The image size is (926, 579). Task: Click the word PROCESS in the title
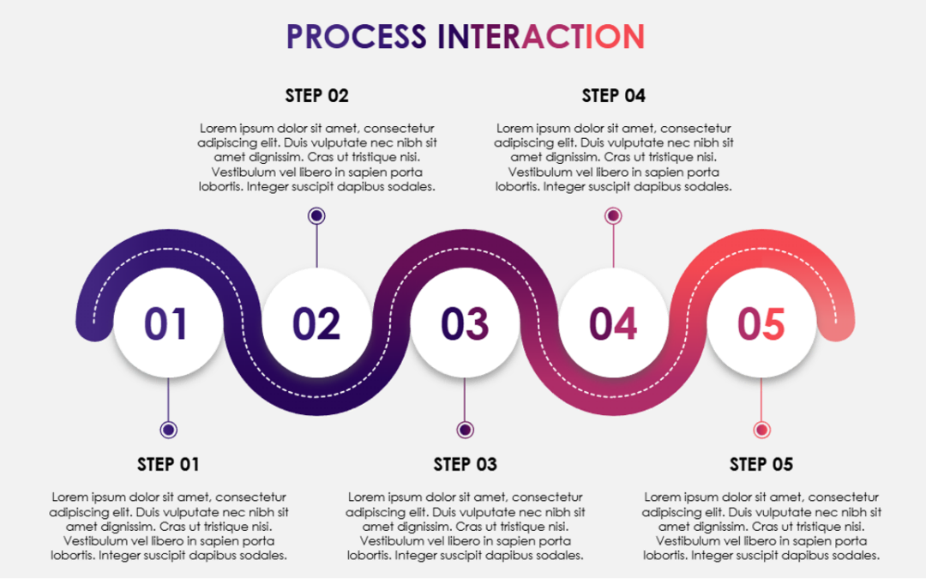coord(356,37)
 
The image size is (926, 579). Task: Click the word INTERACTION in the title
coord(541,37)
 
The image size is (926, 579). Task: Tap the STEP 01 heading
coord(168,464)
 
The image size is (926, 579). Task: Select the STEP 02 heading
coord(316,95)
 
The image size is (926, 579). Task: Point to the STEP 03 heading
coord(465,464)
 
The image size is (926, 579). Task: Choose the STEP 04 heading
coord(613,95)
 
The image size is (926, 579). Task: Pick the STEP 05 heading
coord(761,464)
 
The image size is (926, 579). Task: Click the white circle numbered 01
coord(168,323)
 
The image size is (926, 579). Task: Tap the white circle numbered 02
coord(316,323)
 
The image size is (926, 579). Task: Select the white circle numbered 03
coord(465,323)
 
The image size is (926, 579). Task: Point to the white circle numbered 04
coord(613,323)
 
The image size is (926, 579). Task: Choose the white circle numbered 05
coord(761,323)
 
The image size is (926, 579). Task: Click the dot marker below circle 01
coord(168,430)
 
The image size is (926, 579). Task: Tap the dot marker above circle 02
coord(316,216)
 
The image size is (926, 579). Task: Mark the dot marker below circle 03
coord(465,430)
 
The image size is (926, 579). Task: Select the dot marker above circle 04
coord(613,216)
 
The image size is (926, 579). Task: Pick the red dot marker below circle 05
coord(761,430)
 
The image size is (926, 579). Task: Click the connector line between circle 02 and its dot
coord(316,247)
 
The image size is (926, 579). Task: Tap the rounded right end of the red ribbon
coord(837,321)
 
